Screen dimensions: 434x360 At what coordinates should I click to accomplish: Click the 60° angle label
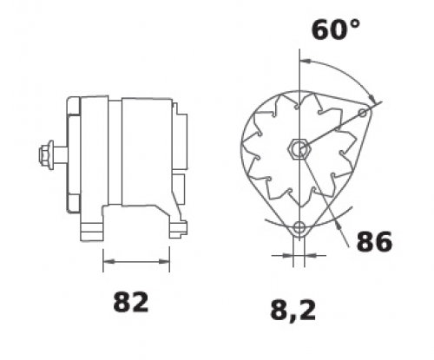tap(336, 29)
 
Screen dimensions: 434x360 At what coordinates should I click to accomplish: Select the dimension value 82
tap(131, 302)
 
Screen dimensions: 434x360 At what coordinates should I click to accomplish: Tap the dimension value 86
tap(374, 241)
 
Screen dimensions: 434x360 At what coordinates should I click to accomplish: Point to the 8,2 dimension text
tap(293, 311)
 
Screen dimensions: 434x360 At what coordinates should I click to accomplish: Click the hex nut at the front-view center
tap(299, 149)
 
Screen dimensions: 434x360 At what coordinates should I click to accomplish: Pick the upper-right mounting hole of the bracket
tap(363, 113)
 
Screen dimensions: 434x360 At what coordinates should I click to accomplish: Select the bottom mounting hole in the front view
tap(299, 227)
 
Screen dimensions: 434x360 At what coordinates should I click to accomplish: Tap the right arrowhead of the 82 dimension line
tap(163, 262)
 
